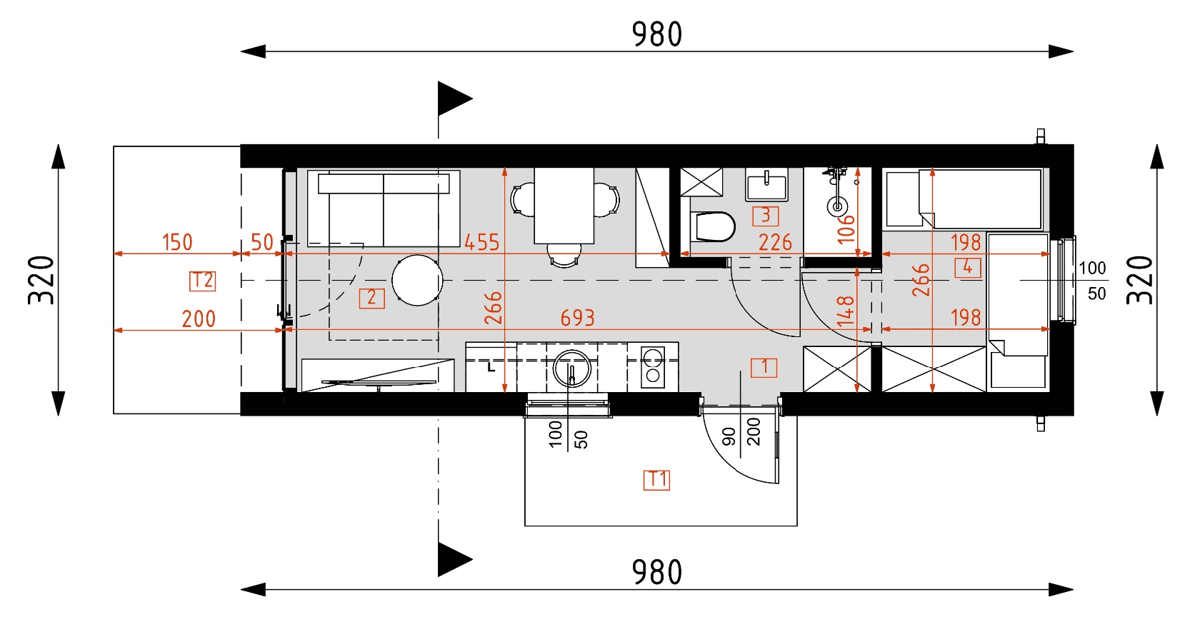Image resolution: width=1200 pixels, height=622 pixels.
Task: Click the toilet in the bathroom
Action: pos(713,227)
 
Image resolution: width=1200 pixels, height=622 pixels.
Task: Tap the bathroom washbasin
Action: pos(766,184)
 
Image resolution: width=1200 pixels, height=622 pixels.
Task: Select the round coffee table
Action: pos(417,280)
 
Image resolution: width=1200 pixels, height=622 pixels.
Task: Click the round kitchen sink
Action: pos(571,368)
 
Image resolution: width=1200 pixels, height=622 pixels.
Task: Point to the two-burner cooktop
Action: pos(653,367)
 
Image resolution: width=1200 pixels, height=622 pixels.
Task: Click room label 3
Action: pos(766,216)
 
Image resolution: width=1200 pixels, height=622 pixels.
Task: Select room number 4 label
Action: pos(967,267)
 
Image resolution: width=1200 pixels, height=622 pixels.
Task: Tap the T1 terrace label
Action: pos(657,479)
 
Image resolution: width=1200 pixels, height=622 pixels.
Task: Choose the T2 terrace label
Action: pos(203,281)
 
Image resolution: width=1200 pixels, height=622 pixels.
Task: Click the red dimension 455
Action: pos(482,242)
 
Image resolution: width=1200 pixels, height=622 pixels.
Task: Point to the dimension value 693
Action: pos(577,318)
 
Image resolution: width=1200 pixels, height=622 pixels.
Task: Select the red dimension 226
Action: pos(775,242)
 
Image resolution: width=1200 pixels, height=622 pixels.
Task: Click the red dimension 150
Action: pos(177,242)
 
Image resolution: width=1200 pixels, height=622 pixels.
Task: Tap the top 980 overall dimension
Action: pos(657,34)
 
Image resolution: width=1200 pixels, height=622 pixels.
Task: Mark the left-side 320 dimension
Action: pos(41,280)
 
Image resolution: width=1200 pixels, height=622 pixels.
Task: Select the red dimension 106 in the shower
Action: pos(846,229)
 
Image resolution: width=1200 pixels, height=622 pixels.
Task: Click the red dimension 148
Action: pos(846,311)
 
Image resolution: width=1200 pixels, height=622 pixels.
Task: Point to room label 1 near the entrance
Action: pos(764,368)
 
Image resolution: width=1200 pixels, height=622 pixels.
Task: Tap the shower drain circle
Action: pos(837,206)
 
